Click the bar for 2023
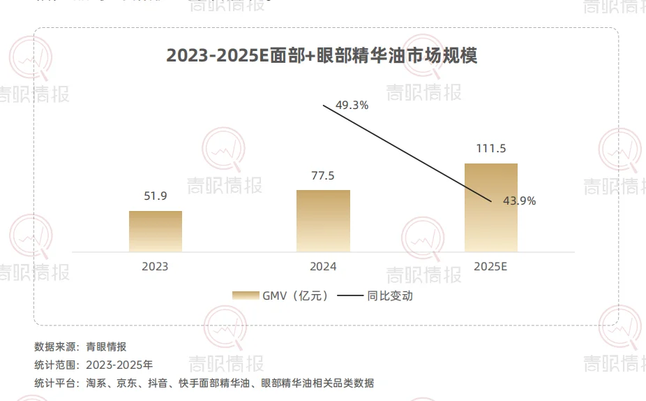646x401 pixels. [x=155, y=231]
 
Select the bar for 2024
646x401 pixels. [x=323, y=221]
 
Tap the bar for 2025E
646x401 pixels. [x=491, y=207]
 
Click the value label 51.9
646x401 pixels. [x=155, y=196]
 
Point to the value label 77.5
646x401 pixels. [x=323, y=175]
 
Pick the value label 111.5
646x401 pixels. [x=491, y=148]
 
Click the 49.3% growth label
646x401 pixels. [x=352, y=105]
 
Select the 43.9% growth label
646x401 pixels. [x=519, y=201]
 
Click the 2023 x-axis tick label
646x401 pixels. [x=155, y=266]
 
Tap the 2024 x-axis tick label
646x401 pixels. [x=323, y=266]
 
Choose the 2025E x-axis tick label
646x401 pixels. [x=491, y=266]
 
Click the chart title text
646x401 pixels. [x=322, y=57]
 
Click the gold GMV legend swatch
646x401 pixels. [x=246, y=296]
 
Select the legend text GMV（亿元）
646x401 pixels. [x=295, y=296]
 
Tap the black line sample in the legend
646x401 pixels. [x=350, y=296]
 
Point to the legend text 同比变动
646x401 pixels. [x=390, y=296]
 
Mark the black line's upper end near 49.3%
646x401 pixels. [x=324, y=105]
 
